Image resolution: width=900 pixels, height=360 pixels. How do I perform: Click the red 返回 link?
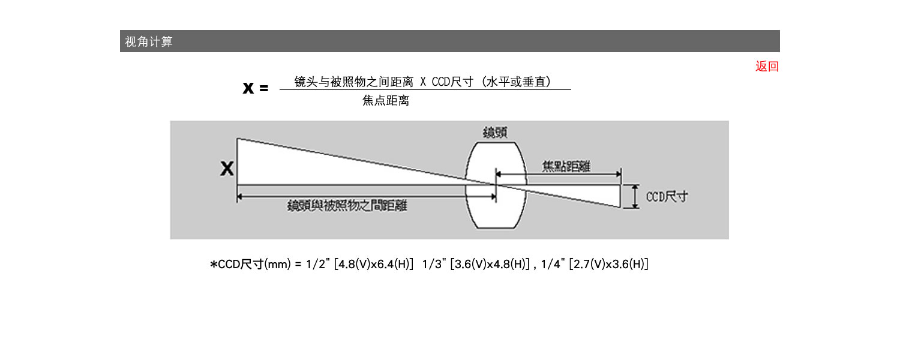pos(767,66)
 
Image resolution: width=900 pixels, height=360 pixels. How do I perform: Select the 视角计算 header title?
pos(149,41)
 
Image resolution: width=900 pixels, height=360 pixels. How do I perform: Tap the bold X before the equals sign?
pos(248,88)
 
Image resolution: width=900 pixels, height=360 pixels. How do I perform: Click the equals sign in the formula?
pos(263,88)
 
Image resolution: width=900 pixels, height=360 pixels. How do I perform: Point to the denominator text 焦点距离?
pos(386,100)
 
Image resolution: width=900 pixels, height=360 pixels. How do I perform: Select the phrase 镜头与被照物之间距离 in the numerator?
pos(353,82)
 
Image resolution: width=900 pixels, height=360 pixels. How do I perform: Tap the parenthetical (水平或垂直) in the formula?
pos(516,82)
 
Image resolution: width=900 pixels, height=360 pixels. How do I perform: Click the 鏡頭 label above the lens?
pos(495,133)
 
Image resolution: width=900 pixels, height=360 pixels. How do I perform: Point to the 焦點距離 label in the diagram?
pos(566,166)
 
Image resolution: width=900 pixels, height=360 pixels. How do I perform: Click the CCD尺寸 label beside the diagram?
pos(667,196)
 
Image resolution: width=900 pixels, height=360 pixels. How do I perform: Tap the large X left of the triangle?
pos(227,169)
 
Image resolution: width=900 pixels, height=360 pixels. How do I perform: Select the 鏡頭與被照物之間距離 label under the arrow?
pos(347,206)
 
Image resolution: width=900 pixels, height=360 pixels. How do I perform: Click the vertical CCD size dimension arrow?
pos(635,196)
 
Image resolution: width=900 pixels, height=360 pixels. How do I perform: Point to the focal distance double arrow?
pos(559,175)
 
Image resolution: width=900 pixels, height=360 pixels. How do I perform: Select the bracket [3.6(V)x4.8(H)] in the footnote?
pos(490,264)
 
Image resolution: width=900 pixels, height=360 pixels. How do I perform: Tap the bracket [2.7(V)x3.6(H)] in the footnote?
pos(609,264)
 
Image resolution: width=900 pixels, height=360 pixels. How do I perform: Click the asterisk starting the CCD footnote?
pos(214,264)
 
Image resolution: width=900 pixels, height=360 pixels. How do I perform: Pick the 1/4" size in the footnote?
pos(553,264)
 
